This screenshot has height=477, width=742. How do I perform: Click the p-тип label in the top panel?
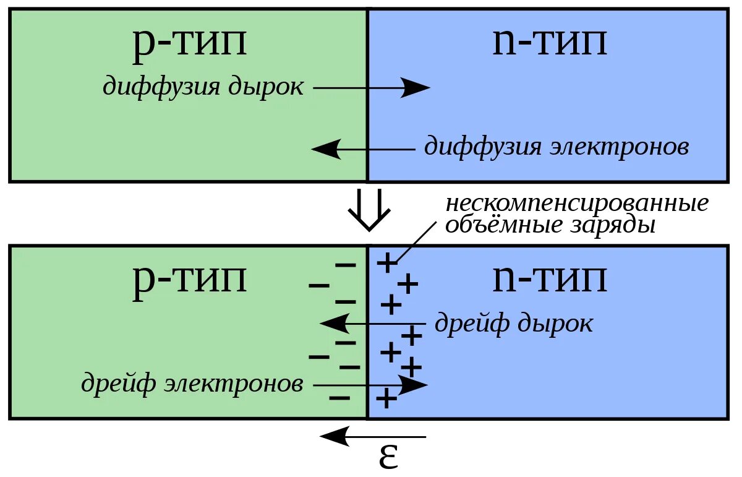pyautogui.click(x=189, y=43)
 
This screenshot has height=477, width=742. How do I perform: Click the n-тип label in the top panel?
pyautogui.click(x=549, y=43)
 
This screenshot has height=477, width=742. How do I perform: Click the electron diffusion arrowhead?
pyautogui.click(x=325, y=149)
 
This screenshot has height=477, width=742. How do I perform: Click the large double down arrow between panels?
pyautogui.click(x=369, y=209)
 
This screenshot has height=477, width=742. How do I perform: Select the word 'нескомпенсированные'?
pyautogui.click(x=577, y=203)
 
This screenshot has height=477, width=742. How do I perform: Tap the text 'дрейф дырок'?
pyautogui.click(x=513, y=323)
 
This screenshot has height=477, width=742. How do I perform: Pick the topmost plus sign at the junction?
pyautogui.click(x=386, y=263)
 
